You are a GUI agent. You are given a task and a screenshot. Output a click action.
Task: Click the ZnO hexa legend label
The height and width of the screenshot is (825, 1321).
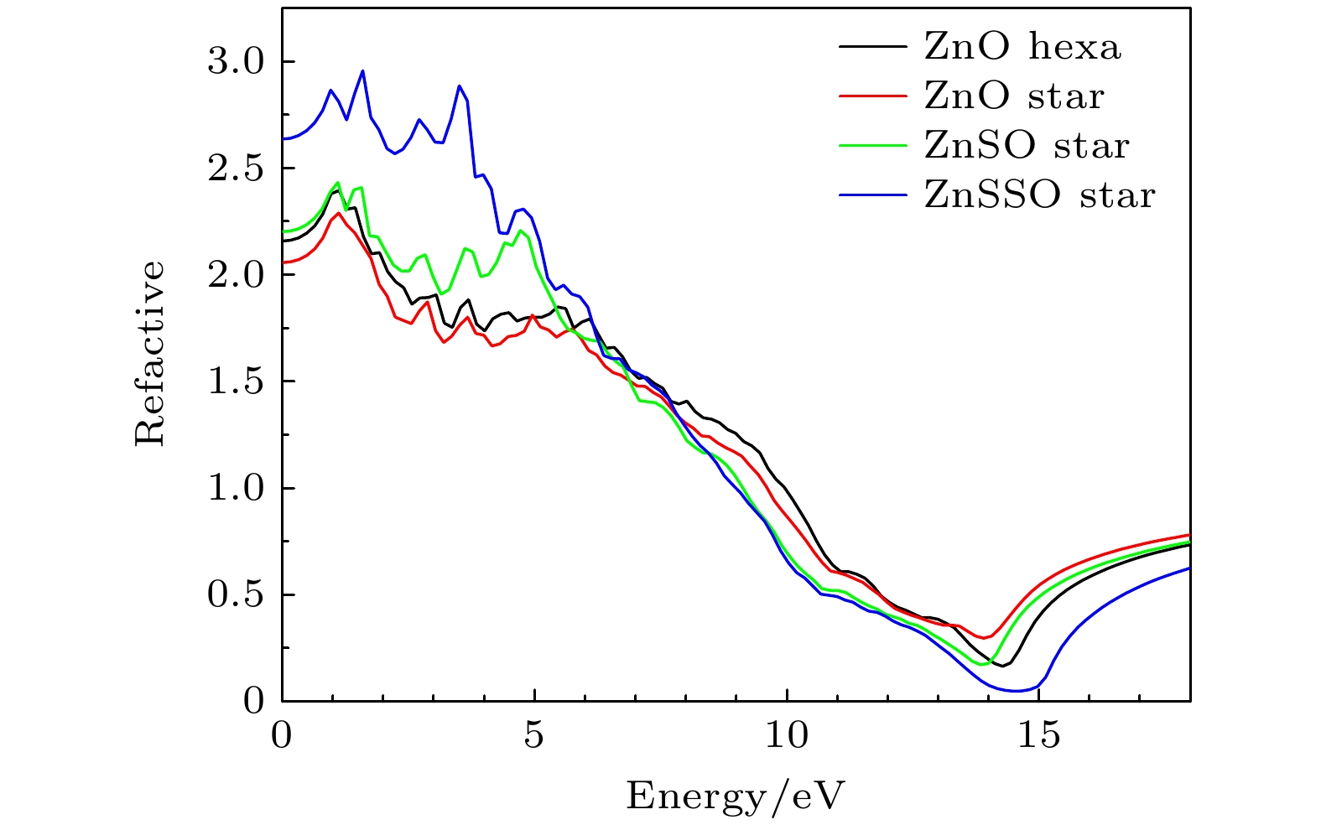point(1022,47)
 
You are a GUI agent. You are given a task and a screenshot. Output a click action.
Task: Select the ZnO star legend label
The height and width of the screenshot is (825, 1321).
point(1013,96)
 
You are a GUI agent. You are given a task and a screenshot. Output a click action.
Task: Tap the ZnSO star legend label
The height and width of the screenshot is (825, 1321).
point(1026,146)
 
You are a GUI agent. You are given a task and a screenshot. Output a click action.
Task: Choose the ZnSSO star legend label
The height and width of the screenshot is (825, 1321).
point(1039,195)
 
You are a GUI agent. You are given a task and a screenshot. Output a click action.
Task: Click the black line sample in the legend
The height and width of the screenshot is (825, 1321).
point(872,47)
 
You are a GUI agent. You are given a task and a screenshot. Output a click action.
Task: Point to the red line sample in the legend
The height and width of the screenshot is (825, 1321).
point(872,96)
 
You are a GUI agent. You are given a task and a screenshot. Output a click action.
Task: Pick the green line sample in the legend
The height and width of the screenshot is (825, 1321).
point(872,146)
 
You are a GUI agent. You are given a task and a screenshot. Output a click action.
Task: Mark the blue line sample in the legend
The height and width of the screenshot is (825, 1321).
point(872,195)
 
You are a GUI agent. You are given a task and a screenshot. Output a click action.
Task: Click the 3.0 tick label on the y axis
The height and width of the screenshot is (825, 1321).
point(234,62)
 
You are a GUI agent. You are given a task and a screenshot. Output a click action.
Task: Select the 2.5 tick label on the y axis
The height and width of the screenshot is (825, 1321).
point(234,169)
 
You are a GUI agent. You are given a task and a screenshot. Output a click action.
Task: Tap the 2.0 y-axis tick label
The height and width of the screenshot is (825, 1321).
point(234,275)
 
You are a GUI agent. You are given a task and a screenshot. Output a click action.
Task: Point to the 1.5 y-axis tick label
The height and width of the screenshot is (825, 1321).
point(234,381)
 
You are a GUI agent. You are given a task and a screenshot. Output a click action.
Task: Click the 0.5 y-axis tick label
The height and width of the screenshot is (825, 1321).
point(234,594)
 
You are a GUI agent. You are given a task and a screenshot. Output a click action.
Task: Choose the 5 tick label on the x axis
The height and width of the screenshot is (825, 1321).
point(534,737)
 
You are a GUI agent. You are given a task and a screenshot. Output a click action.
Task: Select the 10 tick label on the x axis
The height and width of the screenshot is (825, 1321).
point(787,737)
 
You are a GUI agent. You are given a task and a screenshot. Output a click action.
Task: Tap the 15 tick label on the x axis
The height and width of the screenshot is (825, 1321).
point(1039,737)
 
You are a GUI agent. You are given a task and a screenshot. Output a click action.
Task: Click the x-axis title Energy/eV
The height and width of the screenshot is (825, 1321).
point(736,795)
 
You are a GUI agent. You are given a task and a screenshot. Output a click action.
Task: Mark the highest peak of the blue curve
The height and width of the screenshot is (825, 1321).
point(362,71)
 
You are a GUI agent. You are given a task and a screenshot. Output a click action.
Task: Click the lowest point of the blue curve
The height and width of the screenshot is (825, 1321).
point(1017,691)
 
